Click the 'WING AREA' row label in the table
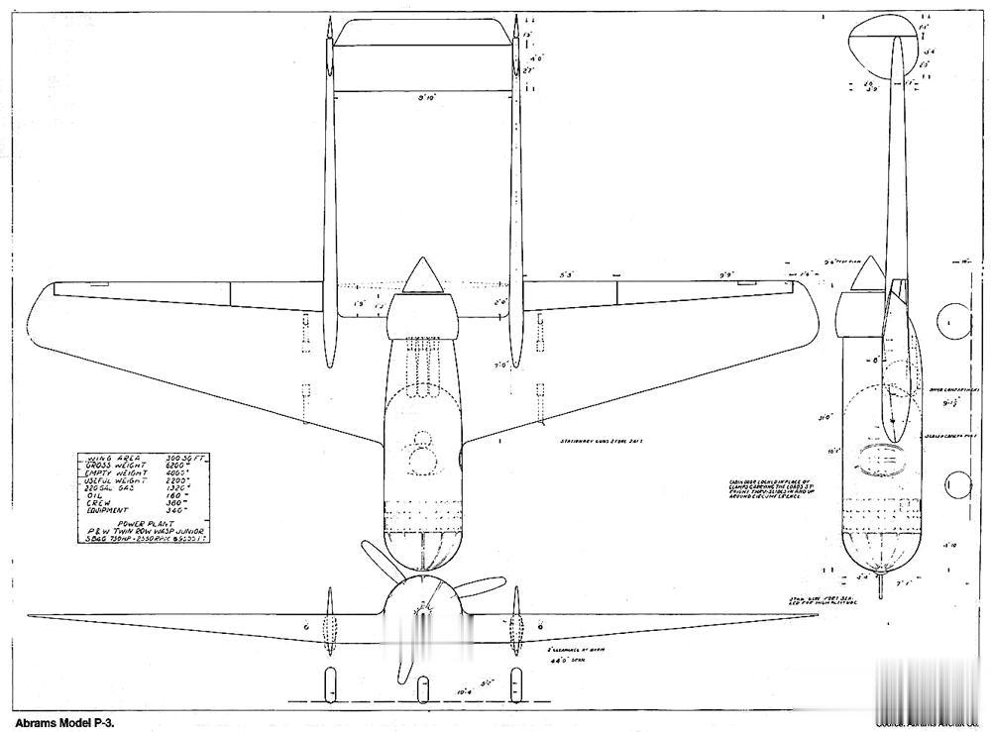pos(108,459)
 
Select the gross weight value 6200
pos(178,466)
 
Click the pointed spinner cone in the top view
pos(424,274)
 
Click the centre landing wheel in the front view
pos(423,690)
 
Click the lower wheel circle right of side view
pos(956,485)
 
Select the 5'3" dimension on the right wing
pos(568,274)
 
